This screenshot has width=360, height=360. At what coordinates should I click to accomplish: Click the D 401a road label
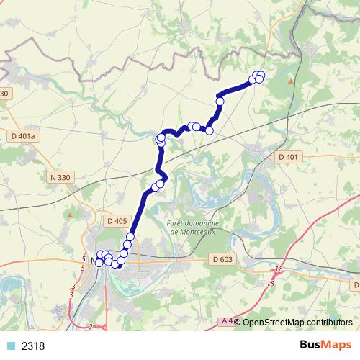coord(24,135)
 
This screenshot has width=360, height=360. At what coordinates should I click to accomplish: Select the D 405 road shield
coord(116,221)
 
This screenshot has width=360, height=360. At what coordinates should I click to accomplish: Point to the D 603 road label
coord(223,259)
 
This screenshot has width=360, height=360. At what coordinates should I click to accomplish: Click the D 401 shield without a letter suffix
coord(287,156)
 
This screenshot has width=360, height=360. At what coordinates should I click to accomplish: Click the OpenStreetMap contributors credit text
coord(297,322)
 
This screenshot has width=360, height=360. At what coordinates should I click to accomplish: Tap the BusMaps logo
coord(325,346)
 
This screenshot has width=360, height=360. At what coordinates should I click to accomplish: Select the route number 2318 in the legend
coord(33,346)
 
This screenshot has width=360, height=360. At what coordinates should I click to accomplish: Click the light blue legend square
coord(11,346)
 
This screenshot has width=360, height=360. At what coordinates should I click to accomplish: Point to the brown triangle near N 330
coord(69,214)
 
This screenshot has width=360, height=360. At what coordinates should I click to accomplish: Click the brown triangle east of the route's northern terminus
coord(291,81)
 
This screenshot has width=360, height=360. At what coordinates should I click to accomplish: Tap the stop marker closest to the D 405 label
coord(130,237)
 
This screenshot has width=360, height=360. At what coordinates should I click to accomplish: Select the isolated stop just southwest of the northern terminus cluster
coord(220,102)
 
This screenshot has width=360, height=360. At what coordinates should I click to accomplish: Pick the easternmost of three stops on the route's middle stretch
coord(210,130)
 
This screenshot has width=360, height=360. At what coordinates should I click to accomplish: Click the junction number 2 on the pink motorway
coord(89,327)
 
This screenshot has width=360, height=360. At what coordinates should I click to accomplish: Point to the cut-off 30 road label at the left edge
coord(5,94)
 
